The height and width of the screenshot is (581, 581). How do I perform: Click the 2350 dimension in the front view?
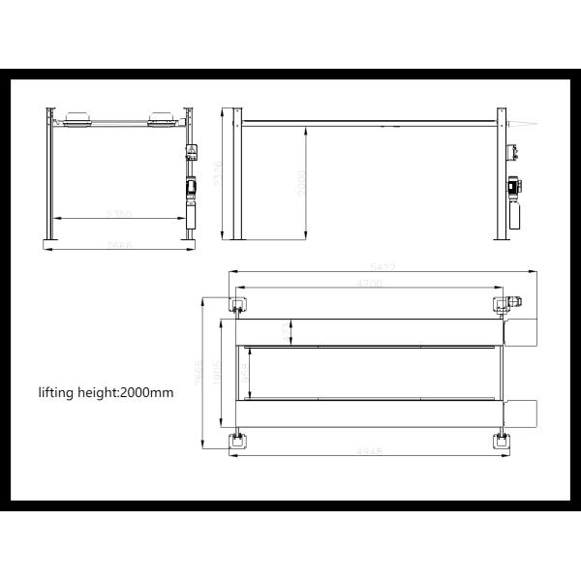point(118,214)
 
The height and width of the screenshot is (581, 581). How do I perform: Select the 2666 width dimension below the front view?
point(118,246)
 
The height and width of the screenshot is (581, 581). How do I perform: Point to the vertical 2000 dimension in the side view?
point(301,182)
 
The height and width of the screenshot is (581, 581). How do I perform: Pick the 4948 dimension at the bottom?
point(369,453)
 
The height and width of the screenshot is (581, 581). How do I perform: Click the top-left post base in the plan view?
point(237,304)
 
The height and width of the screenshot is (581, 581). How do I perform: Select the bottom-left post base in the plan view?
point(237,441)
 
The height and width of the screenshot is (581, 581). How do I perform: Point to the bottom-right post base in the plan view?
point(502,441)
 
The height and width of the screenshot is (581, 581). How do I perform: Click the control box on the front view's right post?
point(191,152)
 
